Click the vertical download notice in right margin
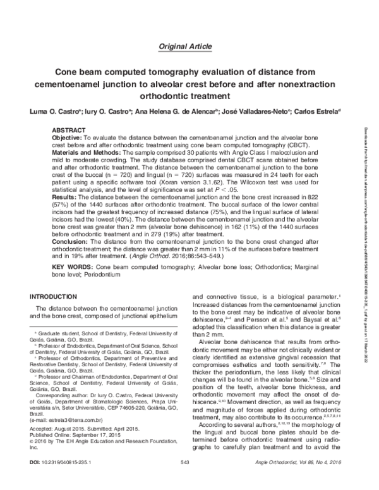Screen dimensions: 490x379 [366, 189]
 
